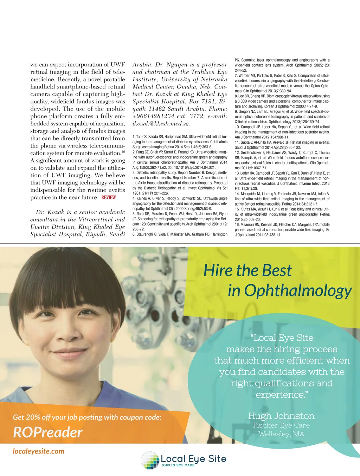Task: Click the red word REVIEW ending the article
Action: point(109,197)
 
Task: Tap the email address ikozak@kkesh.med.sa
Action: point(161,124)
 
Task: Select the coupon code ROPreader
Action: point(48,432)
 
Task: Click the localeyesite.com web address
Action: point(39,451)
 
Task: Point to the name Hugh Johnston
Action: point(281,416)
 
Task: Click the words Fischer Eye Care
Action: point(281,425)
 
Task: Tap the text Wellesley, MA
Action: point(281,434)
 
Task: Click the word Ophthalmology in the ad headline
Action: point(298,291)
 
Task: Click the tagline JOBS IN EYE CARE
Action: point(178,465)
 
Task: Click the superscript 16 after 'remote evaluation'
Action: point(123,152)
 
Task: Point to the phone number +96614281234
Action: point(153,116)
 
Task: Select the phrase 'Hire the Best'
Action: point(247,270)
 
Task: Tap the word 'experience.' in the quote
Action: point(281,395)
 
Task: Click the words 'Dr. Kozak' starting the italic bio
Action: point(50,212)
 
